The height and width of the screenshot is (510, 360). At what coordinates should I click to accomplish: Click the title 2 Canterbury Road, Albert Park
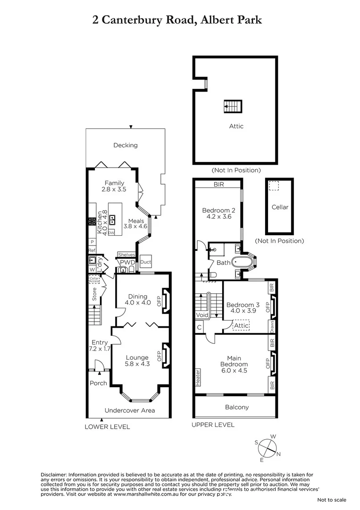coord(176,20)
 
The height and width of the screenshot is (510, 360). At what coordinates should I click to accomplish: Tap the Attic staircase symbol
coord(233,107)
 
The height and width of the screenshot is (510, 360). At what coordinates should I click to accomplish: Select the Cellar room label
coord(280,207)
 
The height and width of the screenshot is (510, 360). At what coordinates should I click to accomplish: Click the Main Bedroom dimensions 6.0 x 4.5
coord(234,371)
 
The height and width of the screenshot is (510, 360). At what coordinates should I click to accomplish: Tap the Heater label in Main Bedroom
coord(198,377)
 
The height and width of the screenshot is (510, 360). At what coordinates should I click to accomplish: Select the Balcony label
coord(236,407)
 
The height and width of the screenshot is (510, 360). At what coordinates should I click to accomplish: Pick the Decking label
coord(126,145)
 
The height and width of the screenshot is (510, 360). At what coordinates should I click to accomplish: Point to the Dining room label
coord(138,297)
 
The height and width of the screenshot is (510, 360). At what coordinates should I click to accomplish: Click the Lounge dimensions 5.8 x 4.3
coord(137,364)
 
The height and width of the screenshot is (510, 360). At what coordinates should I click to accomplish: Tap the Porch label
coord(98,383)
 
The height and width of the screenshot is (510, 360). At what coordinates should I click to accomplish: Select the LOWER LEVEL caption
coord(107,427)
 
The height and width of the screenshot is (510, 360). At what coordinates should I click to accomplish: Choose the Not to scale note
coord(332,500)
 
